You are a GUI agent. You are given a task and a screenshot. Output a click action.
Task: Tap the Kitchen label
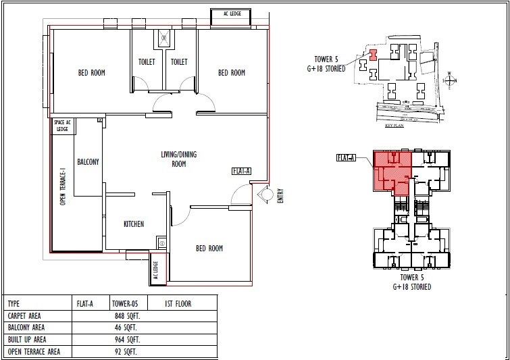[133, 224]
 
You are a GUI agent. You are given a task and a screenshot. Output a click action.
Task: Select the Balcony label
[88, 162]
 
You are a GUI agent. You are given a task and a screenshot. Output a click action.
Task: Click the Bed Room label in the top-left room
[91, 73]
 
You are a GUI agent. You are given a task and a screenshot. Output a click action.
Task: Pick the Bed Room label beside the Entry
[209, 249]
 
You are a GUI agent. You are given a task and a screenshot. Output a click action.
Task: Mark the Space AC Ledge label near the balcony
[62, 125]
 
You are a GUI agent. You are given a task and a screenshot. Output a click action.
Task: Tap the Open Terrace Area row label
[34, 352]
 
